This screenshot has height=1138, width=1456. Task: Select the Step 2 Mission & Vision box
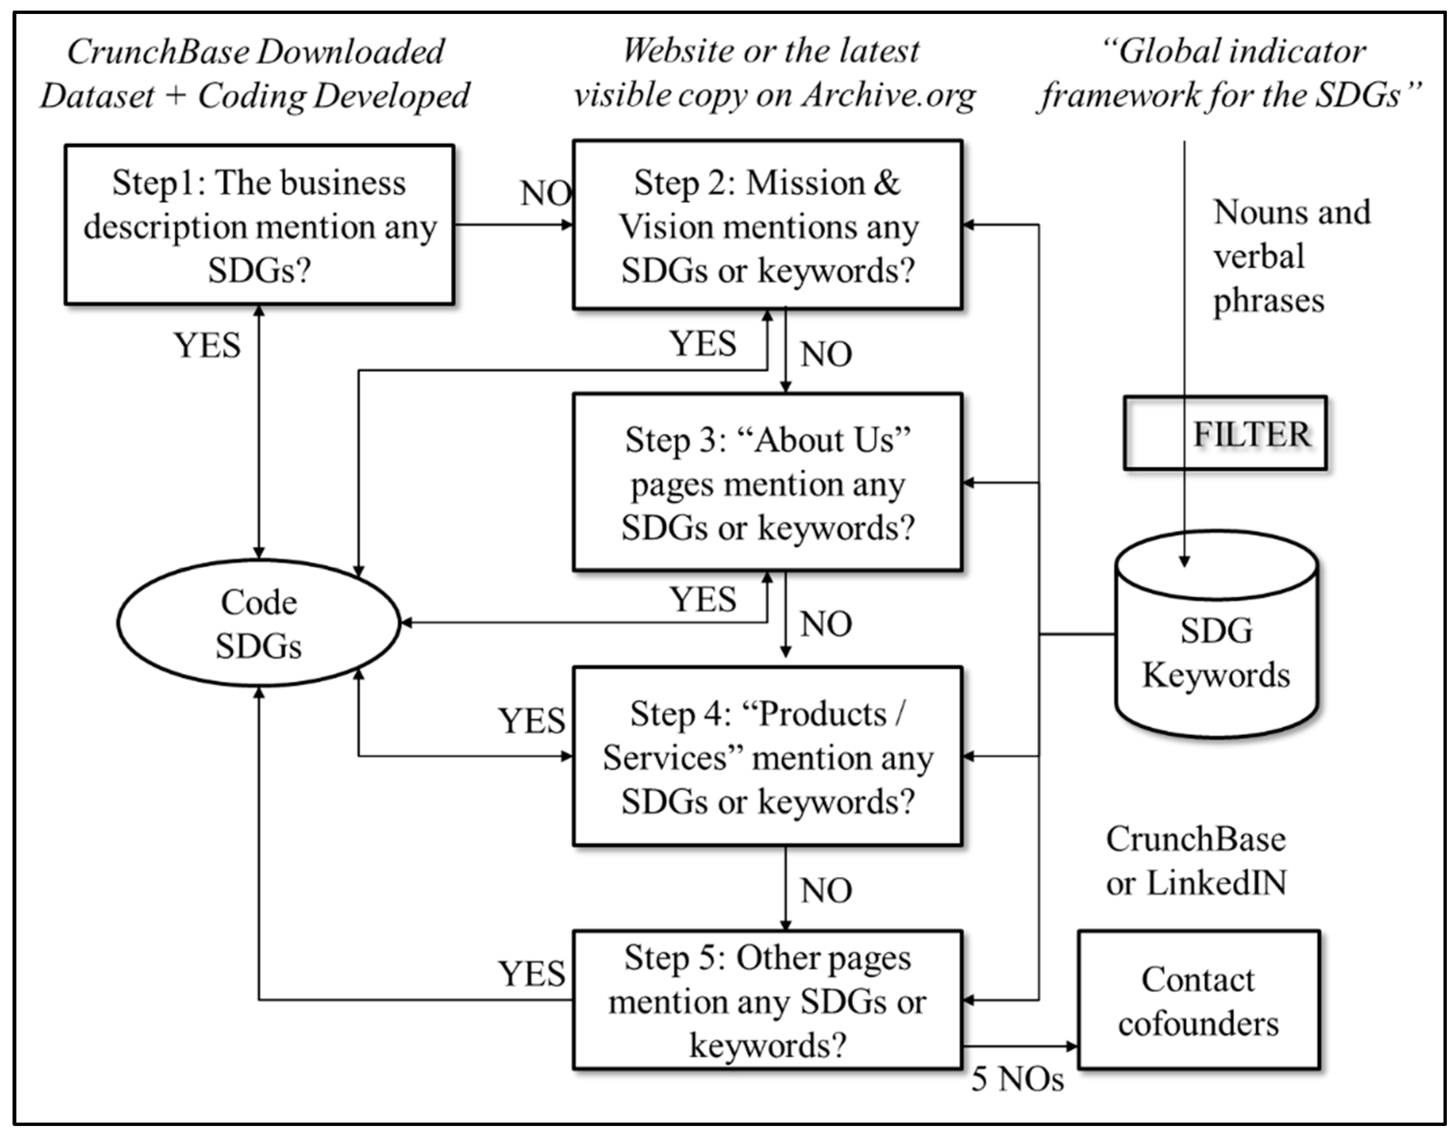[x=767, y=225]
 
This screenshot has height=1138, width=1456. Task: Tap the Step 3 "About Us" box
[x=767, y=483]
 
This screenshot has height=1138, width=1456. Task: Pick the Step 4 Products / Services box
[x=767, y=757]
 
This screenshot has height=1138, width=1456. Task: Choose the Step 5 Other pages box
[x=767, y=1000]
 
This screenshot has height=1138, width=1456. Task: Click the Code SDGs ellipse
[x=258, y=623]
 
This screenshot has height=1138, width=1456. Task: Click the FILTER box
[x=1225, y=434]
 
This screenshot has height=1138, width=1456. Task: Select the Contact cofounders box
[x=1198, y=1000]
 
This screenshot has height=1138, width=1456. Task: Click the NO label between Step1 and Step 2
[x=545, y=194]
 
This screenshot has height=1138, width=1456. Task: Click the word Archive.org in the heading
[x=888, y=95]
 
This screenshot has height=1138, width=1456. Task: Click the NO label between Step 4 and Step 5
[x=825, y=891]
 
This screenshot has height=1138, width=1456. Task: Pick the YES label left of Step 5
[x=531, y=974]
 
